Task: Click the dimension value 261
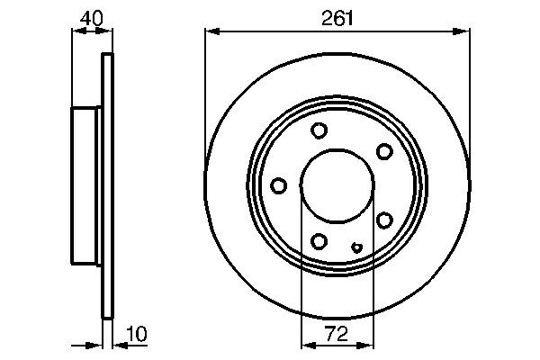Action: (x=337, y=17)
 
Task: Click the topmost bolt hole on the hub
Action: (x=319, y=130)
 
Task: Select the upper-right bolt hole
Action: (x=384, y=150)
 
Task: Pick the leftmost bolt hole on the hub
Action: (x=278, y=185)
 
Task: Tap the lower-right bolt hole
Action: (x=384, y=220)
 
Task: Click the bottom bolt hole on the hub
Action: (x=319, y=240)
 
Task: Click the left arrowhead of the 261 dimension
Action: (x=211, y=31)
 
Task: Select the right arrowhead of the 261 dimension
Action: (x=463, y=31)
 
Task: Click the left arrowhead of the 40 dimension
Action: (x=76, y=31)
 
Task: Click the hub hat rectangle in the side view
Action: (x=87, y=185)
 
